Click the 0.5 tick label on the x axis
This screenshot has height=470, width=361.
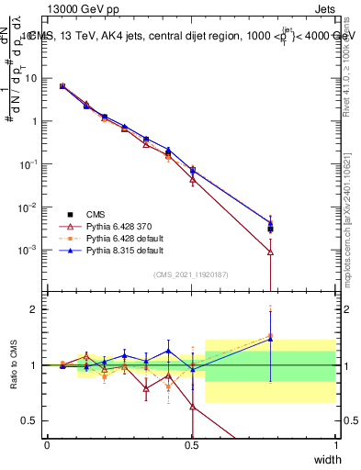coord(191,444)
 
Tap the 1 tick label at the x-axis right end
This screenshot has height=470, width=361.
coord(335,444)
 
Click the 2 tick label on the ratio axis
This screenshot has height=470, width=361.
coord(37,309)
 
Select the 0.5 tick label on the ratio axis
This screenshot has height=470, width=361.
coord(33,420)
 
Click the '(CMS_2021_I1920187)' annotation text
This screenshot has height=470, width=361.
coord(191,274)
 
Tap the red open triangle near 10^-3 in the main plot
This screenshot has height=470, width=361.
coord(270,252)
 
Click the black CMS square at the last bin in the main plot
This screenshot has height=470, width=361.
coord(270,229)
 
